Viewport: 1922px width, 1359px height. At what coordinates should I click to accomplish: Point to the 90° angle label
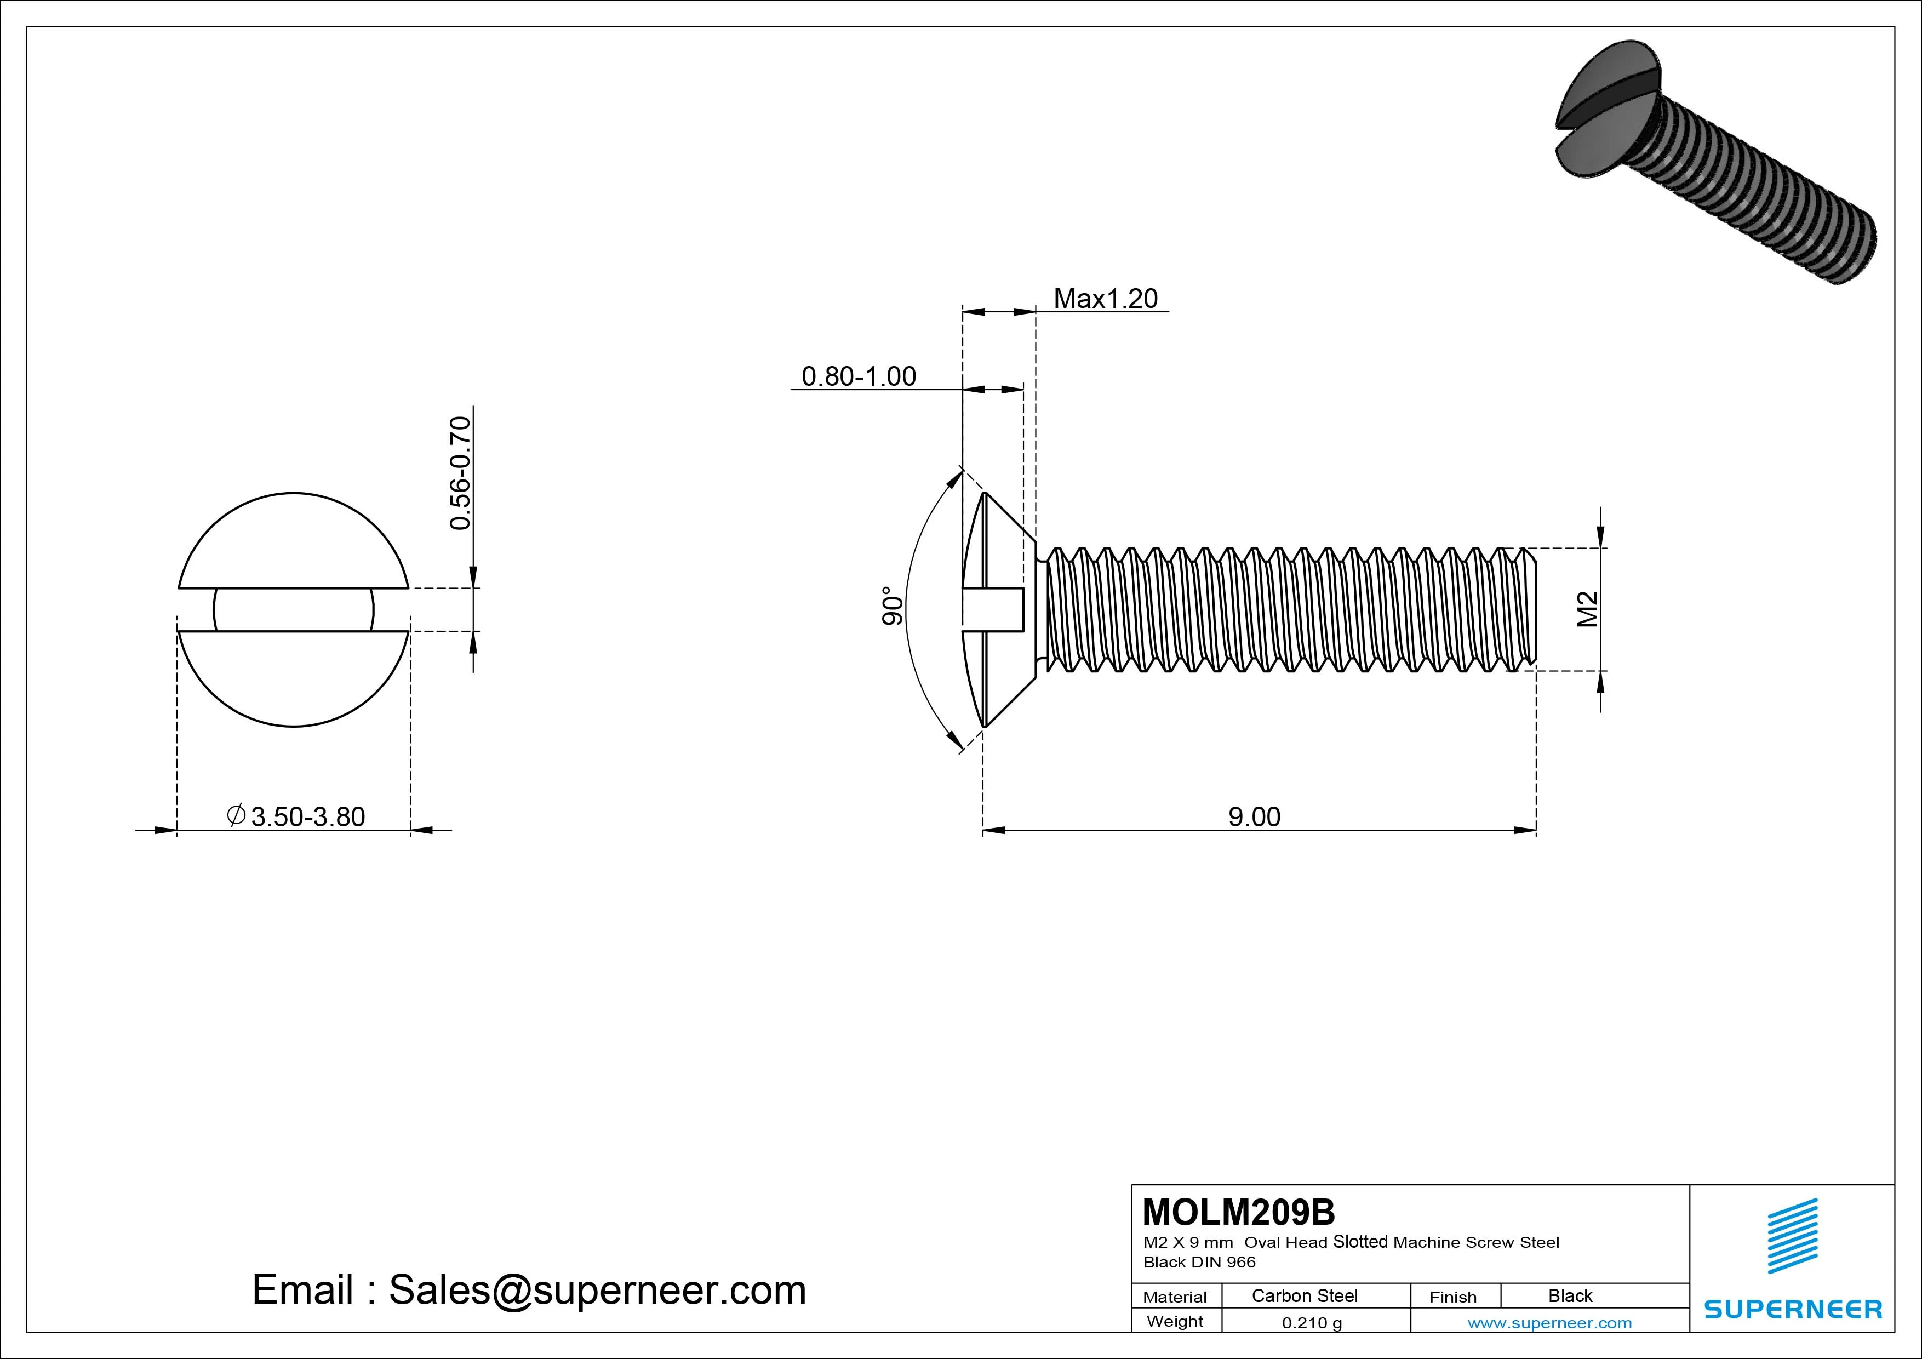click(893, 606)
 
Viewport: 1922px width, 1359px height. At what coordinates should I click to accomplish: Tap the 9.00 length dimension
click(1254, 816)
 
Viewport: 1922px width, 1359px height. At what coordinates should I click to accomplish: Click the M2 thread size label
click(1587, 609)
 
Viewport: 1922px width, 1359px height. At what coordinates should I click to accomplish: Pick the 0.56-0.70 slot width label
click(460, 473)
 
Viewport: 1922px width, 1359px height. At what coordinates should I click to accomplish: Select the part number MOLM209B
click(1238, 1212)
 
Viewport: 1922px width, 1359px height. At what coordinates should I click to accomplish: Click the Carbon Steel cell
click(1304, 1295)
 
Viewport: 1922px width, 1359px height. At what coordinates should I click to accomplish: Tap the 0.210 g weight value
click(1312, 1323)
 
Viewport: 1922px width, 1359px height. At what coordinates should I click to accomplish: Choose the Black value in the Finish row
click(1570, 1295)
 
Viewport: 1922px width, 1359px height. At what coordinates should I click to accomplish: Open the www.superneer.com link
click(1549, 1323)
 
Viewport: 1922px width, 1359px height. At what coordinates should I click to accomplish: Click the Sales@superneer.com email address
click(597, 1289)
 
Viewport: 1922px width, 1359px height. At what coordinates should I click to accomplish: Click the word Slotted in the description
click(1360, 1242)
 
